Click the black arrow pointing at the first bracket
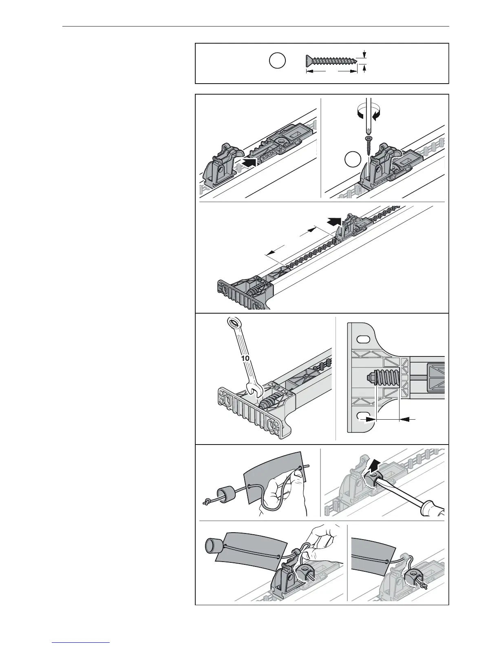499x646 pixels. [248, 162]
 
